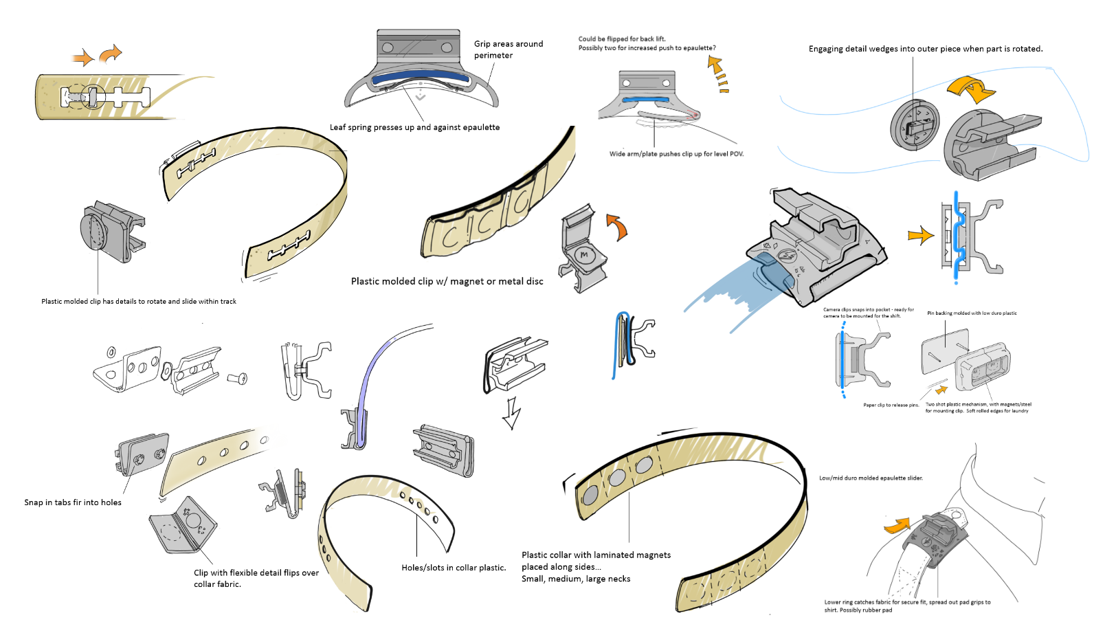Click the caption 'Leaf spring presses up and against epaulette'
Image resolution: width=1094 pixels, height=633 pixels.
(x=414, y=127)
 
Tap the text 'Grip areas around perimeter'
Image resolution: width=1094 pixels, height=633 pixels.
(x=508, y=49)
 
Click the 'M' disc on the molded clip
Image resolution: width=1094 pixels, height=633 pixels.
(x=584, y=255)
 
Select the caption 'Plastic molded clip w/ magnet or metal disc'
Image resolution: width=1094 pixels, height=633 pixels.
(x=447, y=281)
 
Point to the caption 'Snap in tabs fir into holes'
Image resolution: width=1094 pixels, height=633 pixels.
(x=73, y=502)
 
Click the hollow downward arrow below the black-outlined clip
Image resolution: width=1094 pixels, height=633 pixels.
(x=511, y=413)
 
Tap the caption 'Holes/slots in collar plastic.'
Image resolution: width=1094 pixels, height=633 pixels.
(x=454, y=568)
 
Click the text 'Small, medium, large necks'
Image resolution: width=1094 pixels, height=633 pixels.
(x=576, y=579)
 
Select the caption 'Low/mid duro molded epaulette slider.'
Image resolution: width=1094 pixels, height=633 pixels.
(x=871, y=478)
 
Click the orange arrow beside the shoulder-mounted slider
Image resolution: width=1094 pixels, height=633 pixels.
(x=896, y=526)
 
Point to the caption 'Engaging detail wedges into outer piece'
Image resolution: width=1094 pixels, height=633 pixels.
(x=926, y=49)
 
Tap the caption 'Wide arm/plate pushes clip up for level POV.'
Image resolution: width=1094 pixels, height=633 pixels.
(x=676, y=154)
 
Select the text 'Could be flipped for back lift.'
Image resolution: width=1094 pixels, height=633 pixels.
(x=622, y=39)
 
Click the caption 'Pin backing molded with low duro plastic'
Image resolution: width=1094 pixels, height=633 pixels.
(x=972, y=313)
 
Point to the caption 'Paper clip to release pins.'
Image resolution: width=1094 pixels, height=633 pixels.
(x=891, y=406)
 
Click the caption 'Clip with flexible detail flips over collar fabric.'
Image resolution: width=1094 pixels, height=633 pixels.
(x=256, y=578)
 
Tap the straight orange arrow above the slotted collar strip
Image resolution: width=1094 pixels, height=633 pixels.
(x=83, y=58)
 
